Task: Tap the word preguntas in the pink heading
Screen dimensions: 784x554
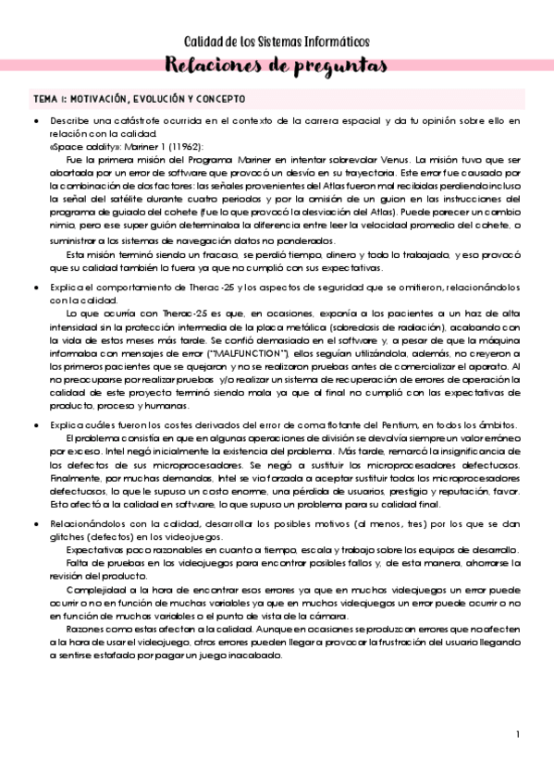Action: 320,66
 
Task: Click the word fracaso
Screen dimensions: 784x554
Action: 220,253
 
